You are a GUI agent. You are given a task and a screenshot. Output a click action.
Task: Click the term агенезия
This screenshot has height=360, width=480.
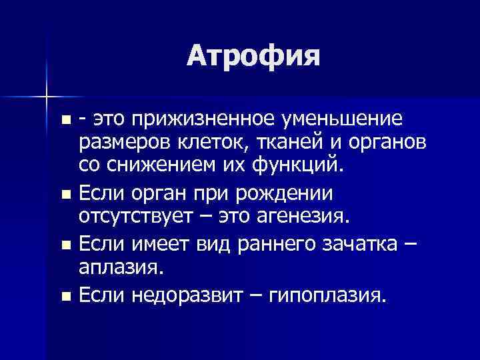tap(311, 217)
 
